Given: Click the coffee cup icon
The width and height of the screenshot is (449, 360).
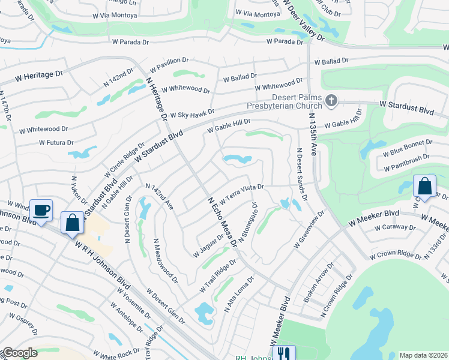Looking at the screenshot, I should (x=40, y=211).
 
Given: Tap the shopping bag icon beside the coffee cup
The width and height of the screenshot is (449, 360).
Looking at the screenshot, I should (x=73, y=223).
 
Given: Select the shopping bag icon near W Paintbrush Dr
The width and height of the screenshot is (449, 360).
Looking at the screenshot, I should (x=424, y=186).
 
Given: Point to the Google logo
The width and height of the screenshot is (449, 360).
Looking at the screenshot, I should (x=19, y=353).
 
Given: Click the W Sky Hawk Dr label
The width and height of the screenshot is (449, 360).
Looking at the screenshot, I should (x=192, y=113).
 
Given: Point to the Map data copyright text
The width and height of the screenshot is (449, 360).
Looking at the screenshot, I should (x=423, y=355).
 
